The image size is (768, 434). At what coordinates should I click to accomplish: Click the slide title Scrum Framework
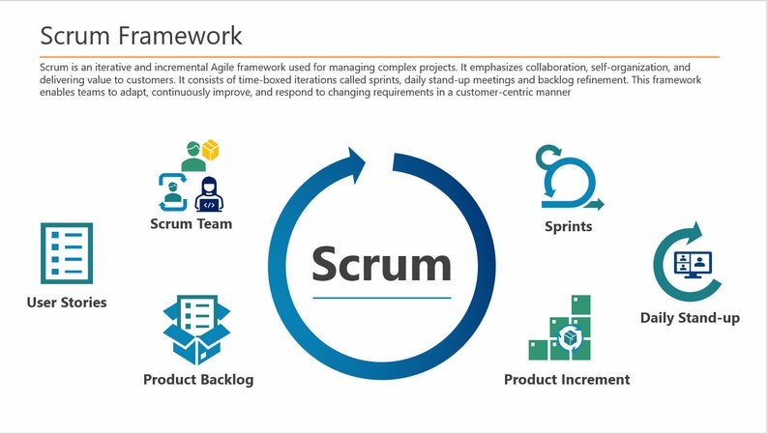point(141,37)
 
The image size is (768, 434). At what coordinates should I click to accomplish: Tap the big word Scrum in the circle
point(381,264)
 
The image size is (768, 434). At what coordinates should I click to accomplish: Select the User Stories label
point(67,303)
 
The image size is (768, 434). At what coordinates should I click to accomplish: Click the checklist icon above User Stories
point(67,253)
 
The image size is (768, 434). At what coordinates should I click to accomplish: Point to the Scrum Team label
point(191,224)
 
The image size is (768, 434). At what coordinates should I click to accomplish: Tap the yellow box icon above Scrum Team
point(210,150)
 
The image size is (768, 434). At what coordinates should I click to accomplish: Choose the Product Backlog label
point(198,380)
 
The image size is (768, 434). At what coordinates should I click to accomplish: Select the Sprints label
point(568,227)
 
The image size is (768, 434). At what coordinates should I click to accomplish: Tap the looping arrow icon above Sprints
point(568,178)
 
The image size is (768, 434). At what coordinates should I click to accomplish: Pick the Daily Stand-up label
point(690,318)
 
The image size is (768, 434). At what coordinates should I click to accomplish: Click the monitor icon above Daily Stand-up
point(692,264)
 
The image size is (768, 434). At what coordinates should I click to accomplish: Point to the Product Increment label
point(567,380)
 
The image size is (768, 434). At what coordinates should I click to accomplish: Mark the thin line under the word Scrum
point(382,298)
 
